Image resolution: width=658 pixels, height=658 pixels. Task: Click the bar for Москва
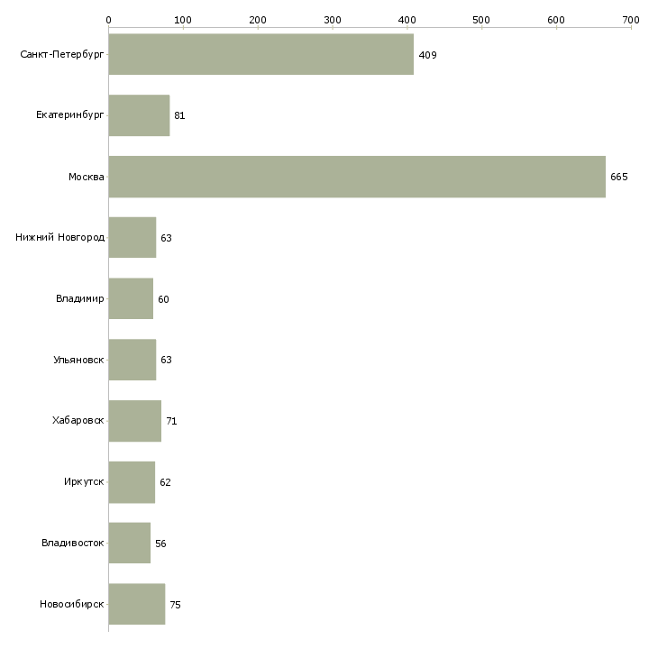[357, 177]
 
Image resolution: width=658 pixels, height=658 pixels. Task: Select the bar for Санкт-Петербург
[261, 54]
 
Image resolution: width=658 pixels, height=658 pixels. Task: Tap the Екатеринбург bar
[139, 115]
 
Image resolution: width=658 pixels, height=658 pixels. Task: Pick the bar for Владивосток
[130, 543]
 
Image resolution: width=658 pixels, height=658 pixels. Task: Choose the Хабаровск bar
[135, 421]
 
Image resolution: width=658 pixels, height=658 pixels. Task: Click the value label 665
[618, 177]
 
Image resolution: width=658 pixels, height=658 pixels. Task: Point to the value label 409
[427, 55]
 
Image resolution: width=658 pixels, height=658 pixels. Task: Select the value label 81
[179, 115]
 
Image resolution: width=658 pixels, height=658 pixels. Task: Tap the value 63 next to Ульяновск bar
[166, 360]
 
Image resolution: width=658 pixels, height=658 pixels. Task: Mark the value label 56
[160, 544]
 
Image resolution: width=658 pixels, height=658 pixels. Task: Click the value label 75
[175, 605]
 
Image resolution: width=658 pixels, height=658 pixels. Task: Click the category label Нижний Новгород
[59, 238]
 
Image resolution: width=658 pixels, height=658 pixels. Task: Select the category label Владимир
[79, 298]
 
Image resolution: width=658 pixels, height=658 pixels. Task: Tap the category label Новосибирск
[71, 604]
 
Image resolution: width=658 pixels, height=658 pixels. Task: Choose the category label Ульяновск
[78, 360]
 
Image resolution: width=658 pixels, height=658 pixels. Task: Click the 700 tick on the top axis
[631, 19]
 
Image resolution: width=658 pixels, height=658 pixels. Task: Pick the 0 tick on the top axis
[108, 19]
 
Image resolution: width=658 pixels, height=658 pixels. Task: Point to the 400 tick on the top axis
[407, 19]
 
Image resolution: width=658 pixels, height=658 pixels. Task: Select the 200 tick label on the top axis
[258, 19]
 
